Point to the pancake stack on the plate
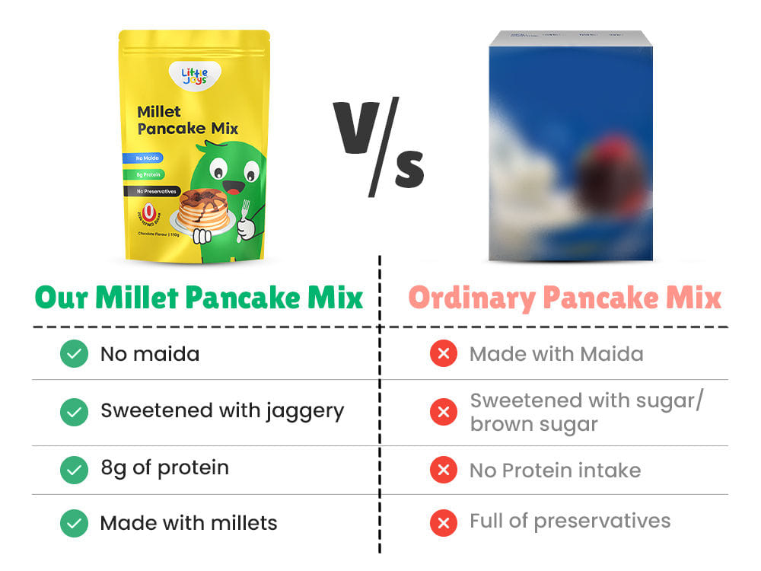[202, 209]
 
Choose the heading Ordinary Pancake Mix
[564, 298]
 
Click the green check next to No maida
[74, 354]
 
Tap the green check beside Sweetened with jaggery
[74, 412]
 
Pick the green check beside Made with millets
[74, 523]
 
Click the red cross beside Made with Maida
[443, 354]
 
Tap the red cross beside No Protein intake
[443, 470]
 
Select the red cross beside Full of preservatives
[443, 522]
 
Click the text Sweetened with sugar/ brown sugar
[584, 412]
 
